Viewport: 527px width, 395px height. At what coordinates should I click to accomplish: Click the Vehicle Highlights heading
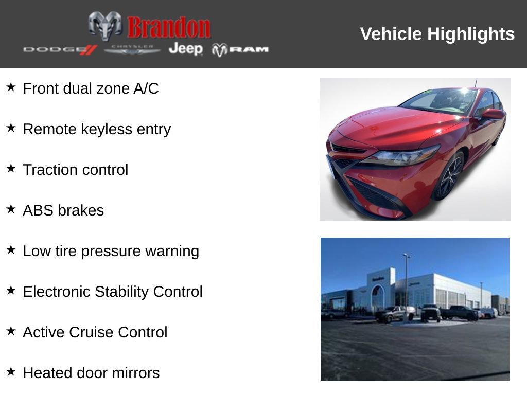[x=437, y=34]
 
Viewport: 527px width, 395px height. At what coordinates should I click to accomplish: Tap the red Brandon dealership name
[x=169, y=27]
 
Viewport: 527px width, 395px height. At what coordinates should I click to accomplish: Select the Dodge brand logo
[x=60, y=49]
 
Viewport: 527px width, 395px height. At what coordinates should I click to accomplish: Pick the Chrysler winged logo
[x=132, y=49]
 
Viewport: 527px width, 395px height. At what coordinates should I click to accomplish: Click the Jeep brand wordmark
[x=185, y=49]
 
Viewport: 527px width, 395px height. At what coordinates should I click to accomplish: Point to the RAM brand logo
[x=240, y=49]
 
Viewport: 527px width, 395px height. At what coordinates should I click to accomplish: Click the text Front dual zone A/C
[x=91, y=88]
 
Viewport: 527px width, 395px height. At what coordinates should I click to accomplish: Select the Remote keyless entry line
[x=97, y=129]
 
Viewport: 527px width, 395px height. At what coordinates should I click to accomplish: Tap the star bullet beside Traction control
[x=11, y=168]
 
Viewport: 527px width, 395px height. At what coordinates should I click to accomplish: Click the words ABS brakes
[x=63, y=210]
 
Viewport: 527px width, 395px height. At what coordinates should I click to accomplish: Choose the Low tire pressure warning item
[x=111, y=251]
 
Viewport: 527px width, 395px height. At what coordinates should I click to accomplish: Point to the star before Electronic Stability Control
[x=11, y=290]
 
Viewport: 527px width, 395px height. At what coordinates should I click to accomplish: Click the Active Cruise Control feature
[x=95, y=332]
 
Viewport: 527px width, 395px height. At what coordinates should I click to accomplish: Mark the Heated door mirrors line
[x=91, y=373]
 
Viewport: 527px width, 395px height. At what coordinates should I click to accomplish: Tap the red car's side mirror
[x=492, y=114]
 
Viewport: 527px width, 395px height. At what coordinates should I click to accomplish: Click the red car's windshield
[x=440, y=101]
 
